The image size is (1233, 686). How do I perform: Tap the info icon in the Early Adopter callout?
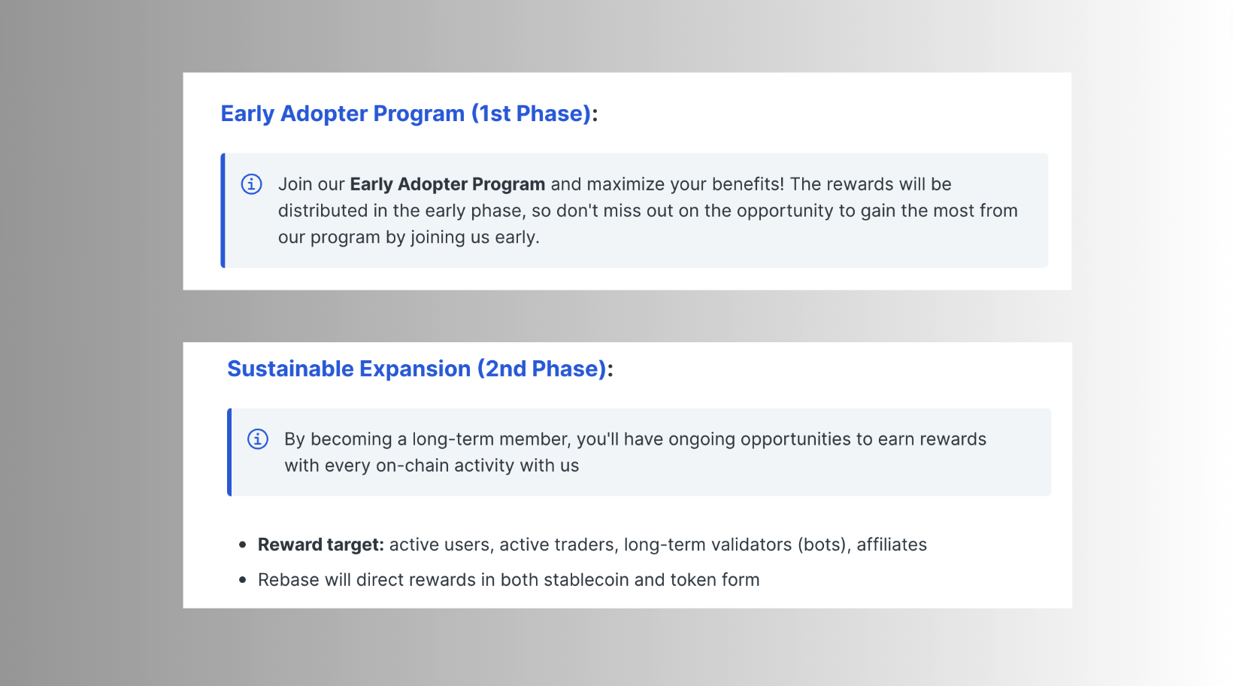(x=252, y=184)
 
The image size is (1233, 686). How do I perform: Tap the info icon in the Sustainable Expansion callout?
(x=258, y=439)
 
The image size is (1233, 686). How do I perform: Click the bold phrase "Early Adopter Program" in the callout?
(x=447, y=184)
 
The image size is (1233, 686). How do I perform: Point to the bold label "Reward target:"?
(x=321, y=545)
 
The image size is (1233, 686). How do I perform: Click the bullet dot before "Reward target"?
(x=242, y=545)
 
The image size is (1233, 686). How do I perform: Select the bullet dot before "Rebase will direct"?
(x=242, y=580)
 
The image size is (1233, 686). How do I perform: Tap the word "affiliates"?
(x=892, y=545)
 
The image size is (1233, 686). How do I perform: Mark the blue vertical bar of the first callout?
(x=223, y=211)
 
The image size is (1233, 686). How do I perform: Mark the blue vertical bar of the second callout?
(x=229, y=452)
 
